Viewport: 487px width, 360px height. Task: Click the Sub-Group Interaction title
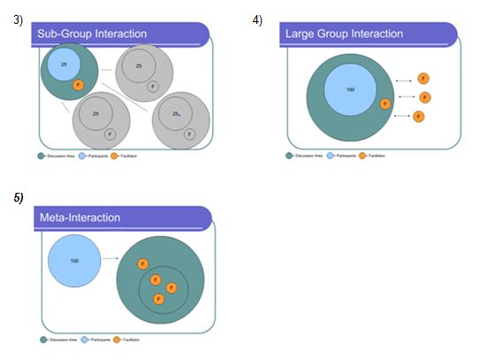(91, 34)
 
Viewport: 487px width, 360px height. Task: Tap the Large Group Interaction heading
(344, 34)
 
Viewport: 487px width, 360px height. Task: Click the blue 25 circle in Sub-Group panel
(63, 65)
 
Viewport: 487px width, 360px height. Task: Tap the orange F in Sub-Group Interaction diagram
(78, 84)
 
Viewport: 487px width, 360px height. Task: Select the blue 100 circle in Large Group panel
(350, 91)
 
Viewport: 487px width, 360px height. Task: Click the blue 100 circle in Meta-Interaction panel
(74, 260)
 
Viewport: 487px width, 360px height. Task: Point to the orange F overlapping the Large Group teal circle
(384, 103)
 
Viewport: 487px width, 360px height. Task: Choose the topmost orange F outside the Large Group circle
(423, 80)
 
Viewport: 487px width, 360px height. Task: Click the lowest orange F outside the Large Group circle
(418, 116)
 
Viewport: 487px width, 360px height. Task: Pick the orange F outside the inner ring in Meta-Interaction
(142, 264)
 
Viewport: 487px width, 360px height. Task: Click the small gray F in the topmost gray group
(153, 87)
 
